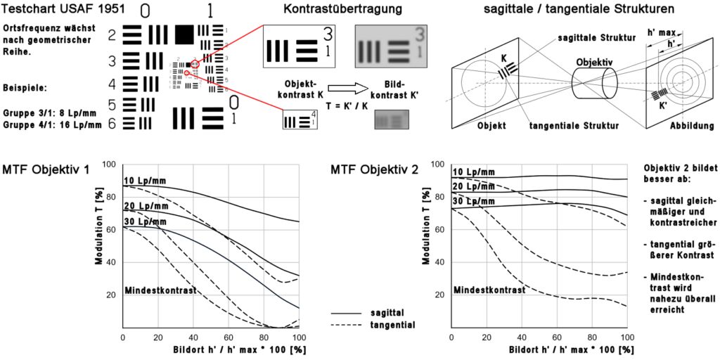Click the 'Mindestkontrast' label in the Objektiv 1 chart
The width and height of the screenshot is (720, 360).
coord(160,290)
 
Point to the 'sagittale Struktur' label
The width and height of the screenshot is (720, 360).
coord(596,37)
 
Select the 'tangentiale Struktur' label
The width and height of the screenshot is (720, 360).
coord(574,127)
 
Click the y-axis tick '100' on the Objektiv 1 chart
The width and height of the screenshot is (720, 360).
coord(109,165)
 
